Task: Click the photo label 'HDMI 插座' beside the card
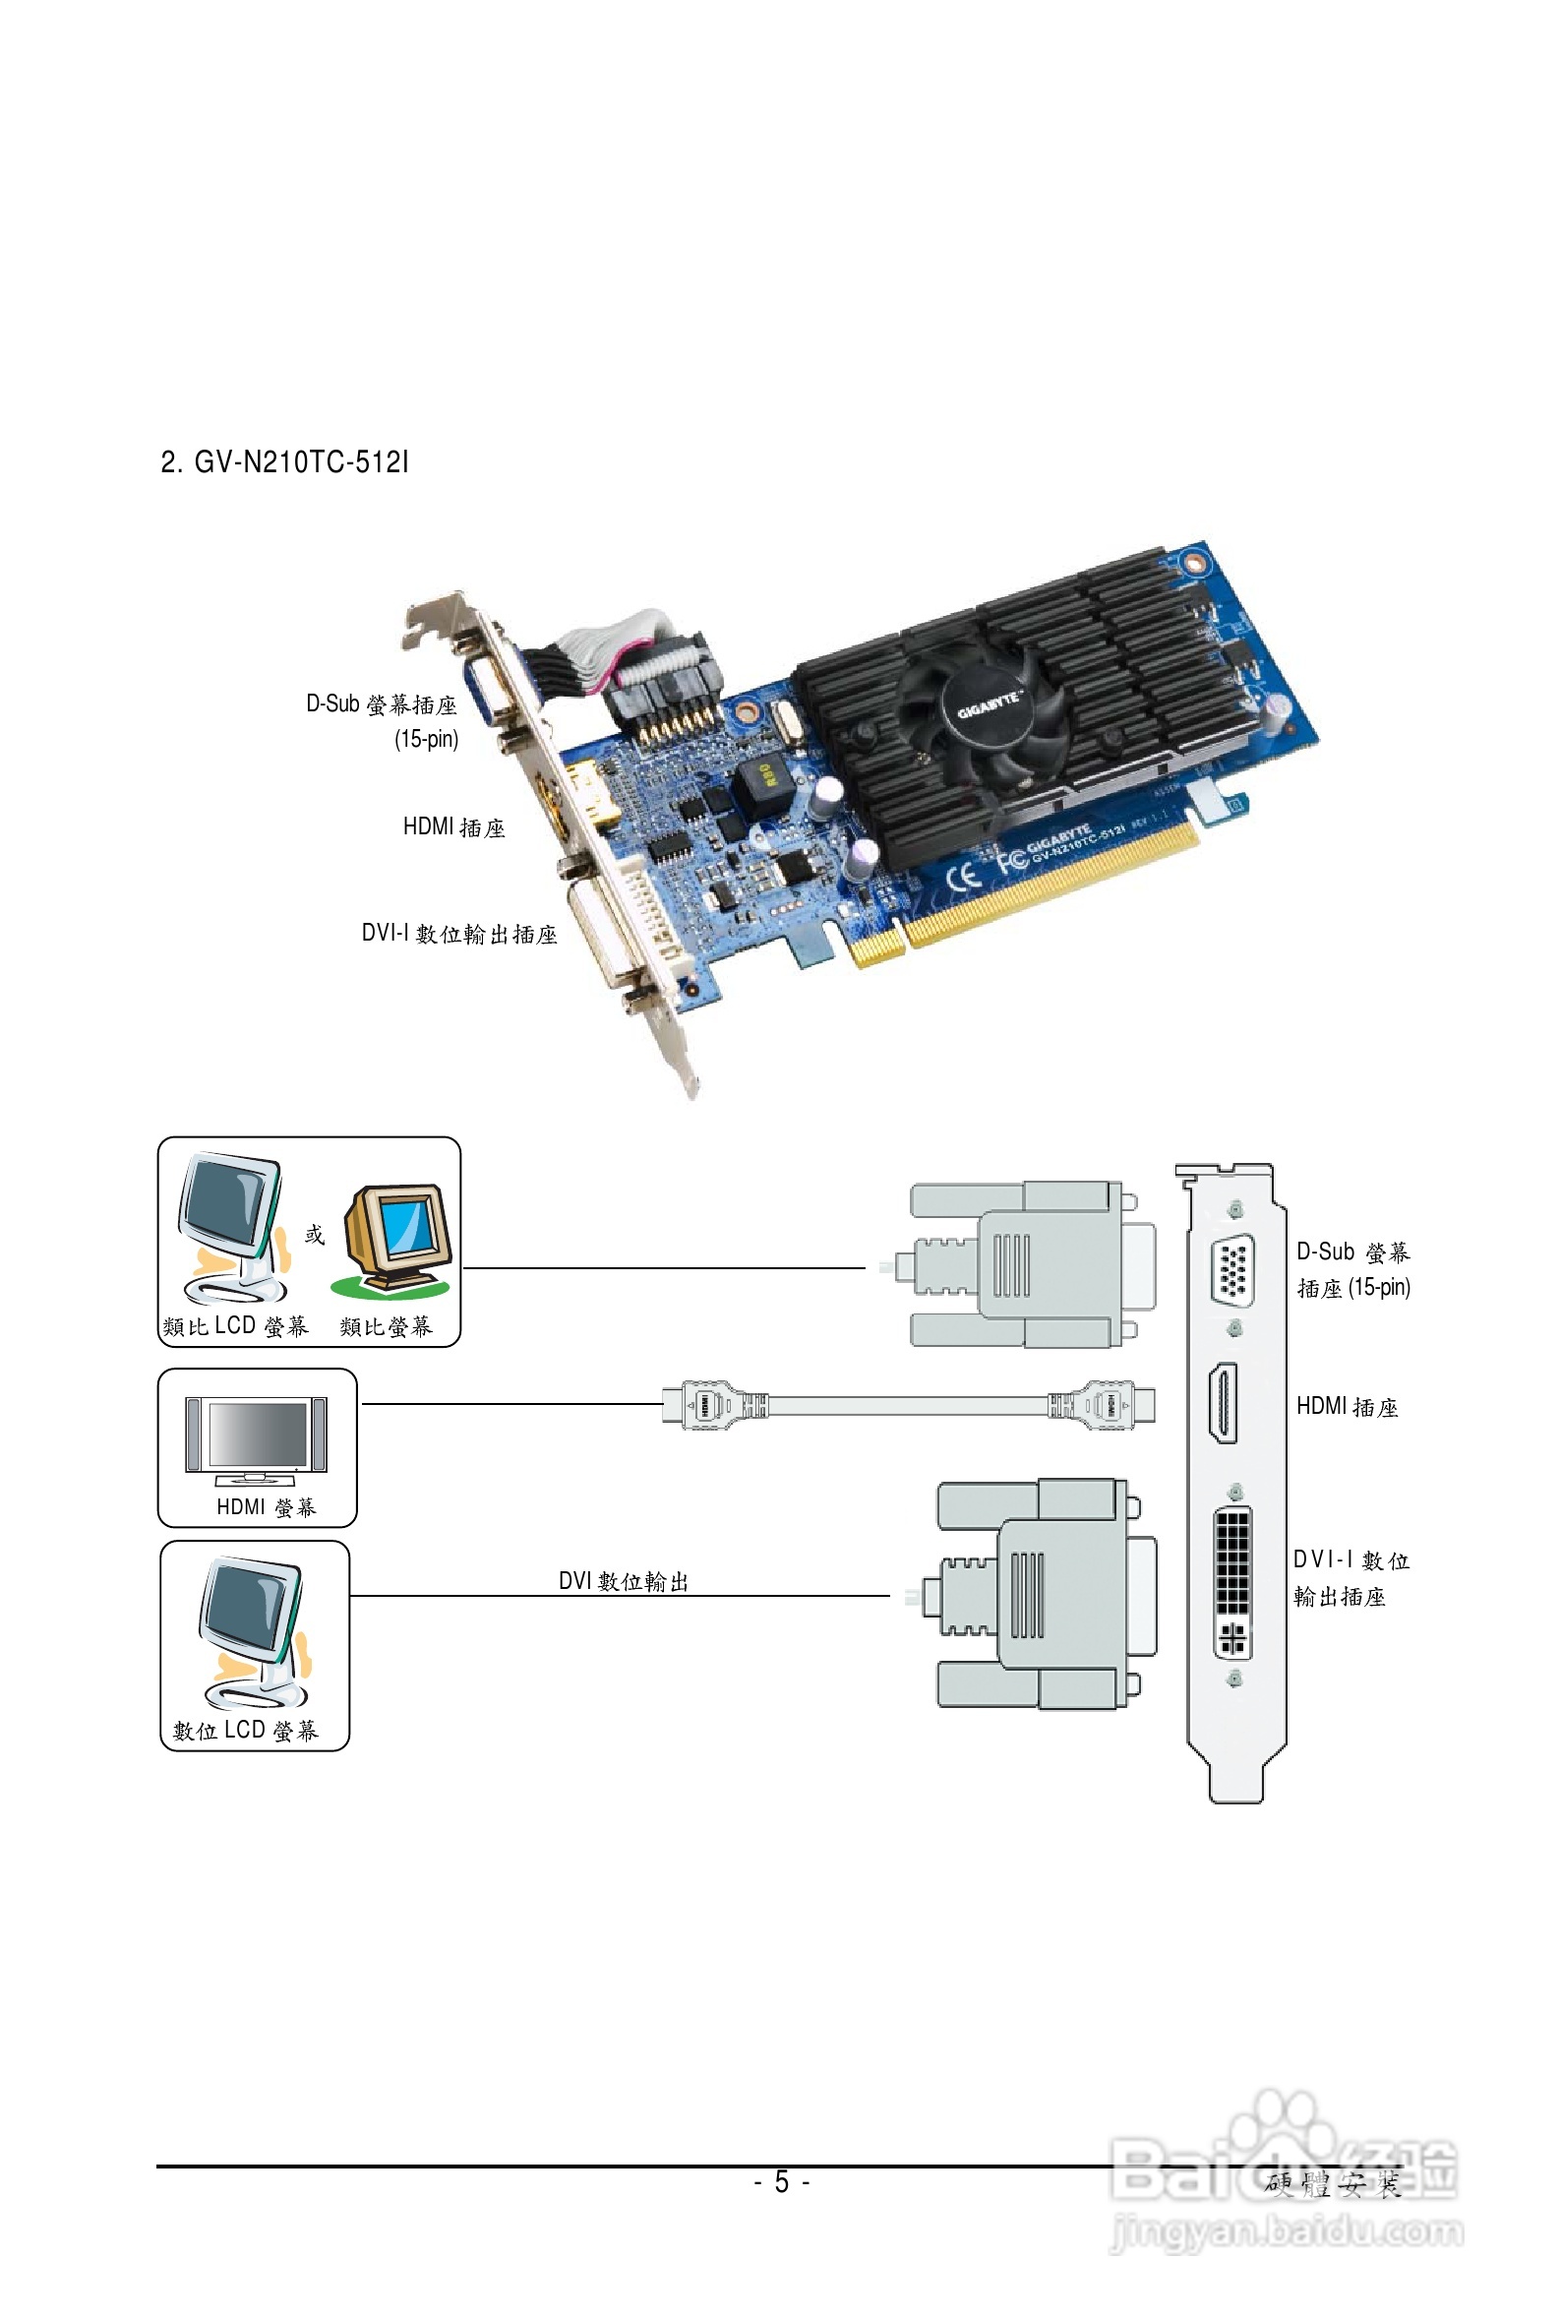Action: (453, 826)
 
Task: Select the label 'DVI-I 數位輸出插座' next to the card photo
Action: (459, 933)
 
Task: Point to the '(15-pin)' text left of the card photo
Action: (426, 739)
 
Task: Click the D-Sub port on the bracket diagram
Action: (1232, 1268)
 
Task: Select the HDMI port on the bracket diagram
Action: (1224, 1403)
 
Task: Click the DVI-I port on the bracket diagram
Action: (1232, 1582)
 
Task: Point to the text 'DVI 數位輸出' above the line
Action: (624, 1581)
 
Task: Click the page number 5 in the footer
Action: (782, 2182)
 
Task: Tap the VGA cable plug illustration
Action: (1025, 1264)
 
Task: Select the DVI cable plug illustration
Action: (1046, 1594)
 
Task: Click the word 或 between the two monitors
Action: (315, 1235)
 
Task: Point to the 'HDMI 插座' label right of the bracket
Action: (1346, 1406)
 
